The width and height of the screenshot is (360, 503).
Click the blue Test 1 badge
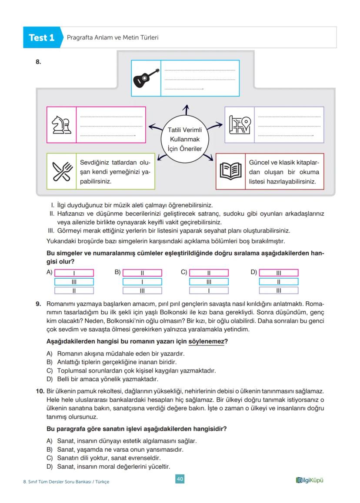[x=41, y=38]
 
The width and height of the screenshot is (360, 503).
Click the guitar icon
[x=146, y=78]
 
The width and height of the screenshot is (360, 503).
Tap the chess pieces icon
[x=61, y=125]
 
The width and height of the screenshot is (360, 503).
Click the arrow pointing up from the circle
[x=186, y=111]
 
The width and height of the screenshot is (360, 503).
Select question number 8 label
[x=38, y=62]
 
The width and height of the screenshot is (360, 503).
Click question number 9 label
[x=38, y=304]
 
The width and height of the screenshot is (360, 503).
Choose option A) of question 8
[x=49, y=272]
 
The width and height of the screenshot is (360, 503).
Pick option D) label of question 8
[x=254, y=272]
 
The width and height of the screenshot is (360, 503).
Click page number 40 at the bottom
[x=180, y=479]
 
